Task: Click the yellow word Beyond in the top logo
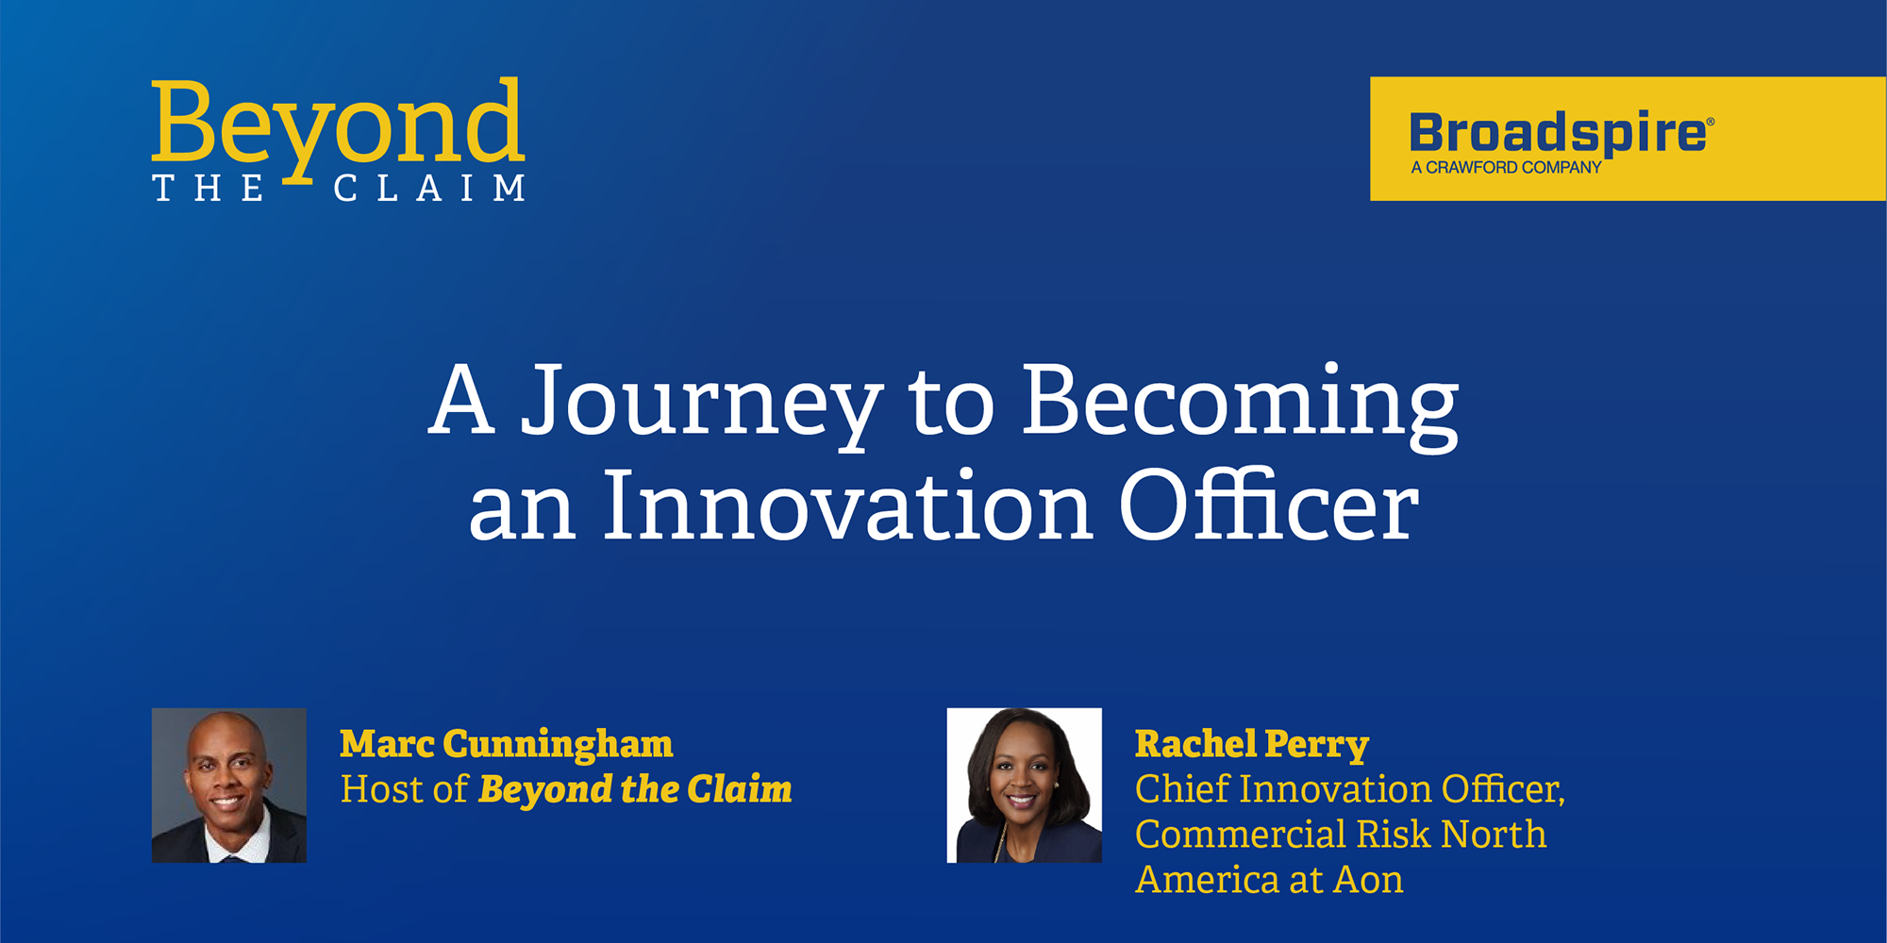338,127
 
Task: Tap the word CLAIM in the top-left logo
429,188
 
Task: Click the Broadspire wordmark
1557,133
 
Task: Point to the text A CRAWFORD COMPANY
1506,168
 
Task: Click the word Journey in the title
703,403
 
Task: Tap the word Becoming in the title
1241,403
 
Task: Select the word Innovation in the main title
848,506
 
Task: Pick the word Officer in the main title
1269,505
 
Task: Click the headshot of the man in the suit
229,786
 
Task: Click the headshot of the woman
1025,786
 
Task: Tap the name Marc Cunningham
507,745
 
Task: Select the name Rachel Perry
1252,745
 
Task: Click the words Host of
404,789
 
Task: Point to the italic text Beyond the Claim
635,790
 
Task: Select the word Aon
1368,880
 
